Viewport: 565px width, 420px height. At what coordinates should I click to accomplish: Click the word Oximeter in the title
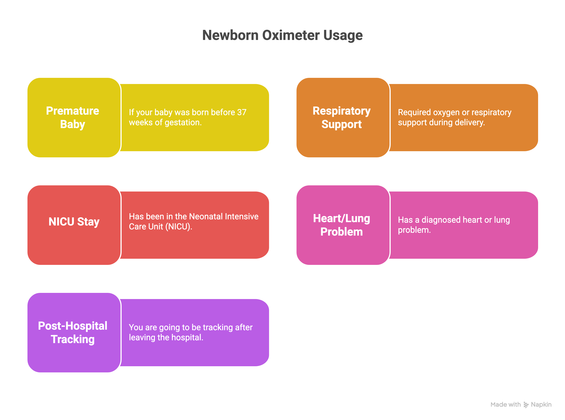point(291,35)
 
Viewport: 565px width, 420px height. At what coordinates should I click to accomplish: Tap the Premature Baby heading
point(72,117)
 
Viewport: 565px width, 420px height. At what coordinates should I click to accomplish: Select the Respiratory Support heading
point(342,117)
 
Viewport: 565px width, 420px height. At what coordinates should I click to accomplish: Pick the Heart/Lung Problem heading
point(342,225)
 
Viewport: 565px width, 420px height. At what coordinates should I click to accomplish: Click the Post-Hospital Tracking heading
point(72,332)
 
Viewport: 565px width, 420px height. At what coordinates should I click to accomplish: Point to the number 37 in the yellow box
point(242,112)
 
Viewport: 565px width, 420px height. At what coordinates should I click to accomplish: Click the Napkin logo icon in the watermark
point(526,405)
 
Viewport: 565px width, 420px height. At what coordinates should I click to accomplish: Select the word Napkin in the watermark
point(541,405)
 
